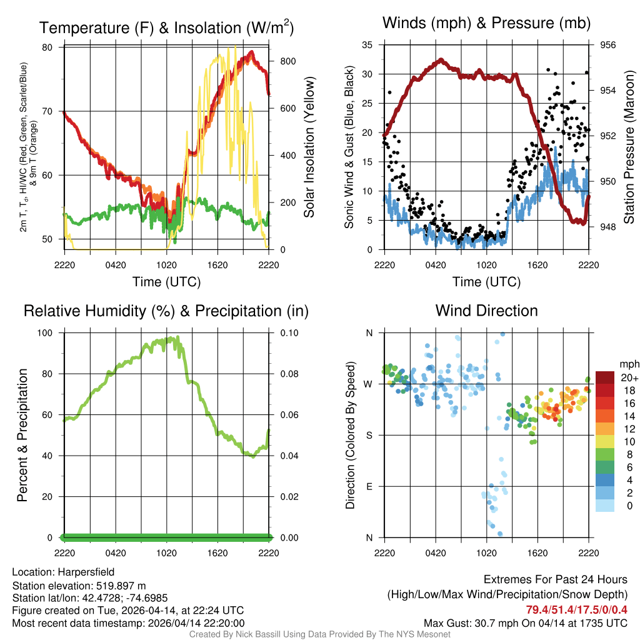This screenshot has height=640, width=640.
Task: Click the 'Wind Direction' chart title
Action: (486, 311)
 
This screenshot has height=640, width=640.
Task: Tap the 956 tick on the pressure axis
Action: (607, 45)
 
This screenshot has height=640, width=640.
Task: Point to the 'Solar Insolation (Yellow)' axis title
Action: (309, 147)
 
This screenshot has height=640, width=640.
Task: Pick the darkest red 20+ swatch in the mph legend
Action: (604, 377)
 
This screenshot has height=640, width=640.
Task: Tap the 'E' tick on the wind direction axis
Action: (369, 486)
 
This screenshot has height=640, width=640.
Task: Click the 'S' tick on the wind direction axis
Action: (369, 435)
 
